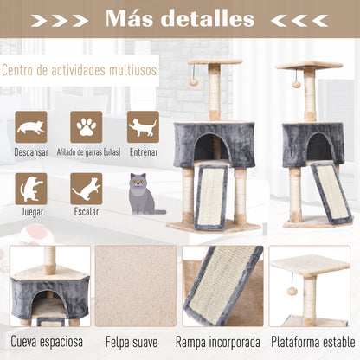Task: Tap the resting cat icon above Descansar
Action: pos(30,127)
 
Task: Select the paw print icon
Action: pos(87,127)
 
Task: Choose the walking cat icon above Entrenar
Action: pos(143,127)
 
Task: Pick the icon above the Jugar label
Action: pos(30,189)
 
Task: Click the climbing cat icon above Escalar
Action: pos(87,189)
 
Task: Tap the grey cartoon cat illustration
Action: pos(144,196)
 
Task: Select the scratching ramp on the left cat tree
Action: pos(217,196)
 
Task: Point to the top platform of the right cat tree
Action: pos(308,65)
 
